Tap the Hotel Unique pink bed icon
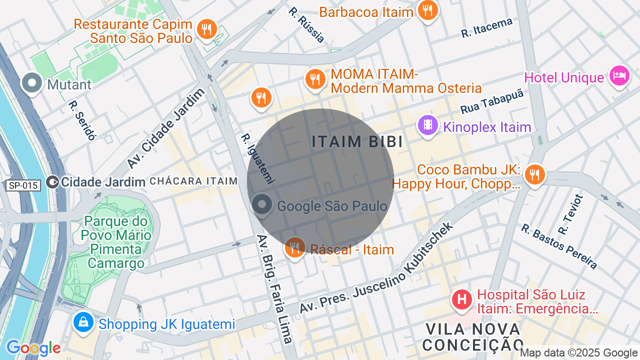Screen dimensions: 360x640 pos(619,76)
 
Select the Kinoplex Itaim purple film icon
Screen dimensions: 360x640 pos(428,125)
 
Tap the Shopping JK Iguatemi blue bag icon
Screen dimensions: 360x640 pos(83,322)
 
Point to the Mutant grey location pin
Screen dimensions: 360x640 pos(32,83)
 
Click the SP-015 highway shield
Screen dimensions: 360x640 pos(23,185)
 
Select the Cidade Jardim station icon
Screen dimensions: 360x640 pos(52,182)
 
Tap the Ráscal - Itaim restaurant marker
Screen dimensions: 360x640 pos(295,247)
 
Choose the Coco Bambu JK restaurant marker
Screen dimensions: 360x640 pos(535,174)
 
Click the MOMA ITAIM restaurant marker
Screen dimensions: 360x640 pos(315,79)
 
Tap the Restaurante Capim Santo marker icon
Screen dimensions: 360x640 pos(206,29)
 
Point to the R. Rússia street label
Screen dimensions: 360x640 pos(306,24)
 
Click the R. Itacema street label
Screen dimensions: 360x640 pos(487,28)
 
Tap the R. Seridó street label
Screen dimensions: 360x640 pos(82,120)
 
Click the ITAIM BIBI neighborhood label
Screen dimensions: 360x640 pos(357,142)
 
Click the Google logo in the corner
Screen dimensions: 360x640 pos(33,348)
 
